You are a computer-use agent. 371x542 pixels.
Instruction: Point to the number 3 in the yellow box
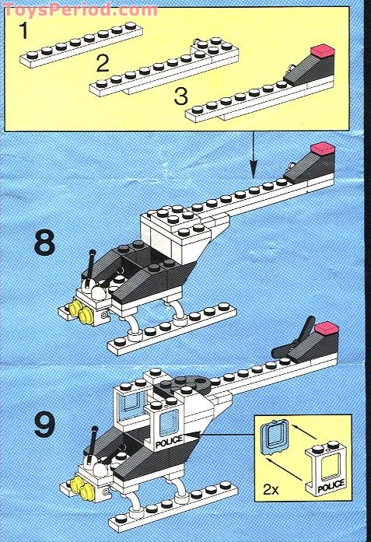[180, 96]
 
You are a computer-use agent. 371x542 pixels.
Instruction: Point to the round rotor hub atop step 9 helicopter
[183, 386]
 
